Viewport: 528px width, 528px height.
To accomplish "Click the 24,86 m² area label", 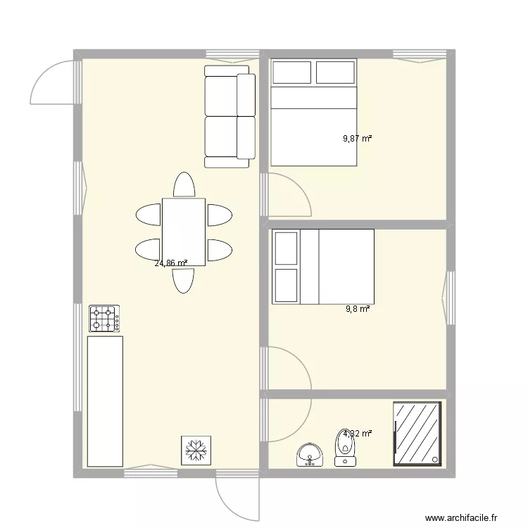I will click(171, 264).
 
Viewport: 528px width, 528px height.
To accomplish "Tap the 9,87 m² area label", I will click(357, 139).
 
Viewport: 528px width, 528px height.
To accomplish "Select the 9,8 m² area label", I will click(358, 308).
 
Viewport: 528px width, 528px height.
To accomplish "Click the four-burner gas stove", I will click(104, 318).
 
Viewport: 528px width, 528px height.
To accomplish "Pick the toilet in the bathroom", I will click(345, 448).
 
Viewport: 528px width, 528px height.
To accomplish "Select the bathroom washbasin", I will click(309, 455).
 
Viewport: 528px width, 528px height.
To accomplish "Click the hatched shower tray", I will click(417, 433).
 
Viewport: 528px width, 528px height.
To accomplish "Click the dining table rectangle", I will click(184, 232).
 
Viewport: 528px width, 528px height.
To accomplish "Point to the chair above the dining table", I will click(184, 185).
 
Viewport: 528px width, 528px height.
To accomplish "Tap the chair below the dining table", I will click(184, 279).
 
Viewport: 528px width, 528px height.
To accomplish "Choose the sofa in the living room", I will click(229, 116).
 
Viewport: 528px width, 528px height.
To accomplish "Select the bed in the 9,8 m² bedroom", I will click(323, 267).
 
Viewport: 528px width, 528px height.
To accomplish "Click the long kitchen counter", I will click(104, 401).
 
